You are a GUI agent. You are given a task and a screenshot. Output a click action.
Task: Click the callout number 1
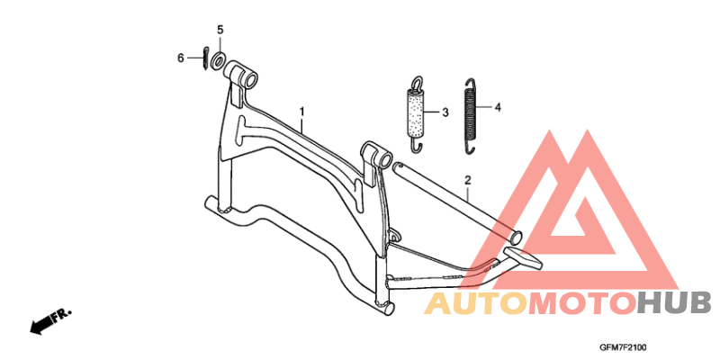pyautogui.click(x=301, y=111)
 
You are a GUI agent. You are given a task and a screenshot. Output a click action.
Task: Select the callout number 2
pyautogui.click(x=468, y=179)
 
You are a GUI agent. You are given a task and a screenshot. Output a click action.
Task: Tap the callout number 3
pyautogui.click(x=445, y=112)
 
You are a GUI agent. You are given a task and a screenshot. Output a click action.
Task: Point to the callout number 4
pyautogui.click(x=498, y=107)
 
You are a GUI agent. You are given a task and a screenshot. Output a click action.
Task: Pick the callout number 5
pyautogui.click(x=220, y=30)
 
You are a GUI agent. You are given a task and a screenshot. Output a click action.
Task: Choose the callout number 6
pyautogui.click(x=181, y=58)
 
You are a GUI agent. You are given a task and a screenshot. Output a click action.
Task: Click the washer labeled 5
pyautogui.click(x=218, y=60)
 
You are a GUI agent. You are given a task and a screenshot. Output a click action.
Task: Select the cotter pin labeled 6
pyautogui.click(x=205, y=58)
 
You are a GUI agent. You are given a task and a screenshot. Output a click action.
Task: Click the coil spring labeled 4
pyautogui.click(x=470, y=115)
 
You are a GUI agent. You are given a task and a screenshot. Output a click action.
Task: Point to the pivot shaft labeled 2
pyautogui.click(x=457, y=202)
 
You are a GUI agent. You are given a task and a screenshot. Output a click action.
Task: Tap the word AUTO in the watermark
pyautogui.click(x=476, y=304)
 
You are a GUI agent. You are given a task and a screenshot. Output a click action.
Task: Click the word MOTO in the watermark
pyautogui.click(x=581, y=304)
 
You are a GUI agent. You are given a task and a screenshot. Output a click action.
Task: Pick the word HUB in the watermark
pyautogui.click(x=673, y=304)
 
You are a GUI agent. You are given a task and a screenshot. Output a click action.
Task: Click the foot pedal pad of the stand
pyautogui.click(x=524, y=257)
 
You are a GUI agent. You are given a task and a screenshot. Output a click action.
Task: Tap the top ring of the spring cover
pyautogui.click(x=417, y=82)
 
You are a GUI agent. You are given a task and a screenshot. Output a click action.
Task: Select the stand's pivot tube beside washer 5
pyautogui.click(x=239, y=74)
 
